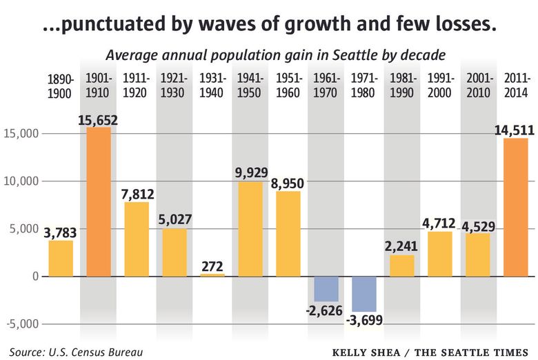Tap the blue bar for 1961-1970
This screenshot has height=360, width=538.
(326, 288)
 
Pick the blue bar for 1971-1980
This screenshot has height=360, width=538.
(364, 293)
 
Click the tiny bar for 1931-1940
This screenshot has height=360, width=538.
(212, 274)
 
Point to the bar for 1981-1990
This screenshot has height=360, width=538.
(402, 266)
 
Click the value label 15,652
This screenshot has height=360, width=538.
(99, 119)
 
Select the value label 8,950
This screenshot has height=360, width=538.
(288, 183)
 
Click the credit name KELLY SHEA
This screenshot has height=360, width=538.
(365, 352)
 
